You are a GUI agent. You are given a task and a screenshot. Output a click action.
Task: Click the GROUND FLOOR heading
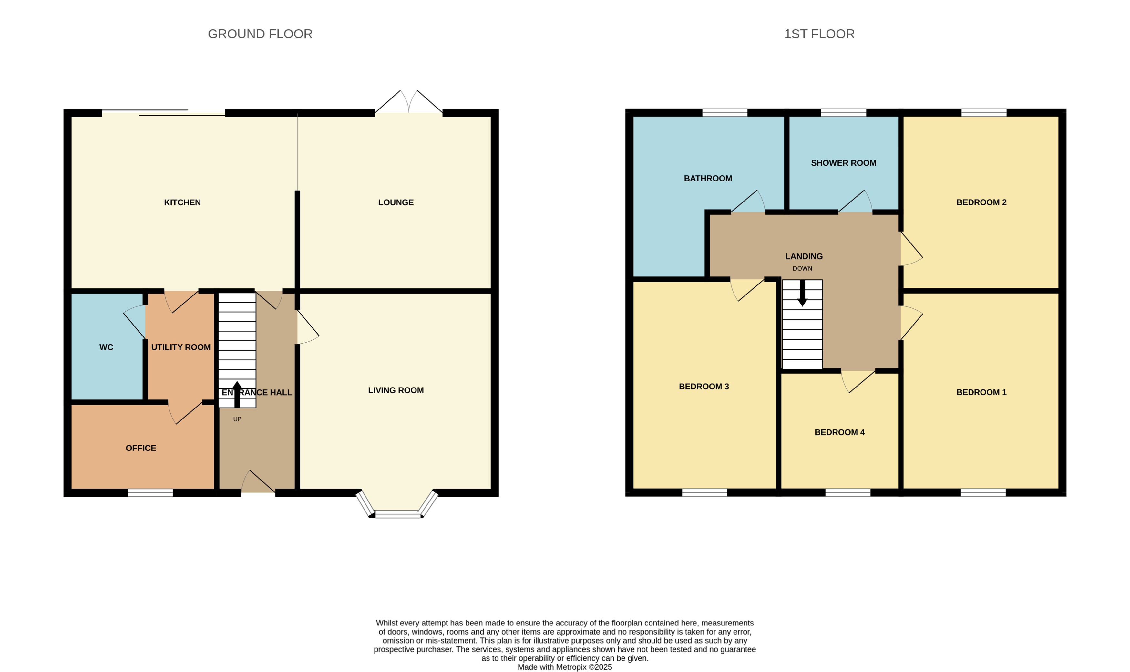260,34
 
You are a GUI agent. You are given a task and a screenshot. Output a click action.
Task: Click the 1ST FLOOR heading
819,34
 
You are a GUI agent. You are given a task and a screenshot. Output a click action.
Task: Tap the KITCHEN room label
182,202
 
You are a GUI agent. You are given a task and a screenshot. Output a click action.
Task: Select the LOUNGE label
396,202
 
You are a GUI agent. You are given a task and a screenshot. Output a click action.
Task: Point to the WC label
107,347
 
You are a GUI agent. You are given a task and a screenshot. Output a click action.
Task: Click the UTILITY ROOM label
180,347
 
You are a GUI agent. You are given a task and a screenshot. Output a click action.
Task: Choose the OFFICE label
141,448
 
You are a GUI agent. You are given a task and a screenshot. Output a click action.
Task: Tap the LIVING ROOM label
396,390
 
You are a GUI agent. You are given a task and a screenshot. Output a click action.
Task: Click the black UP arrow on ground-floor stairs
237,394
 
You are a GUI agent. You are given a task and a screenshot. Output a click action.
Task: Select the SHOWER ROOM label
843,163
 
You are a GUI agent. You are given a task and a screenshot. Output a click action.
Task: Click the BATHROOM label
708,179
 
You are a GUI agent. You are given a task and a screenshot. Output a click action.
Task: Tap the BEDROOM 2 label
981,202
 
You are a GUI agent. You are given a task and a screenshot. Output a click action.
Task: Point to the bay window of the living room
396,513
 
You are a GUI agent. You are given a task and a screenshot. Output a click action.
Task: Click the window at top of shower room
843,112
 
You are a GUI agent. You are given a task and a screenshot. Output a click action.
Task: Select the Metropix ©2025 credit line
565,667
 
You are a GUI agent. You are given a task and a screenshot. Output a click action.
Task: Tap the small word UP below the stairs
237,419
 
